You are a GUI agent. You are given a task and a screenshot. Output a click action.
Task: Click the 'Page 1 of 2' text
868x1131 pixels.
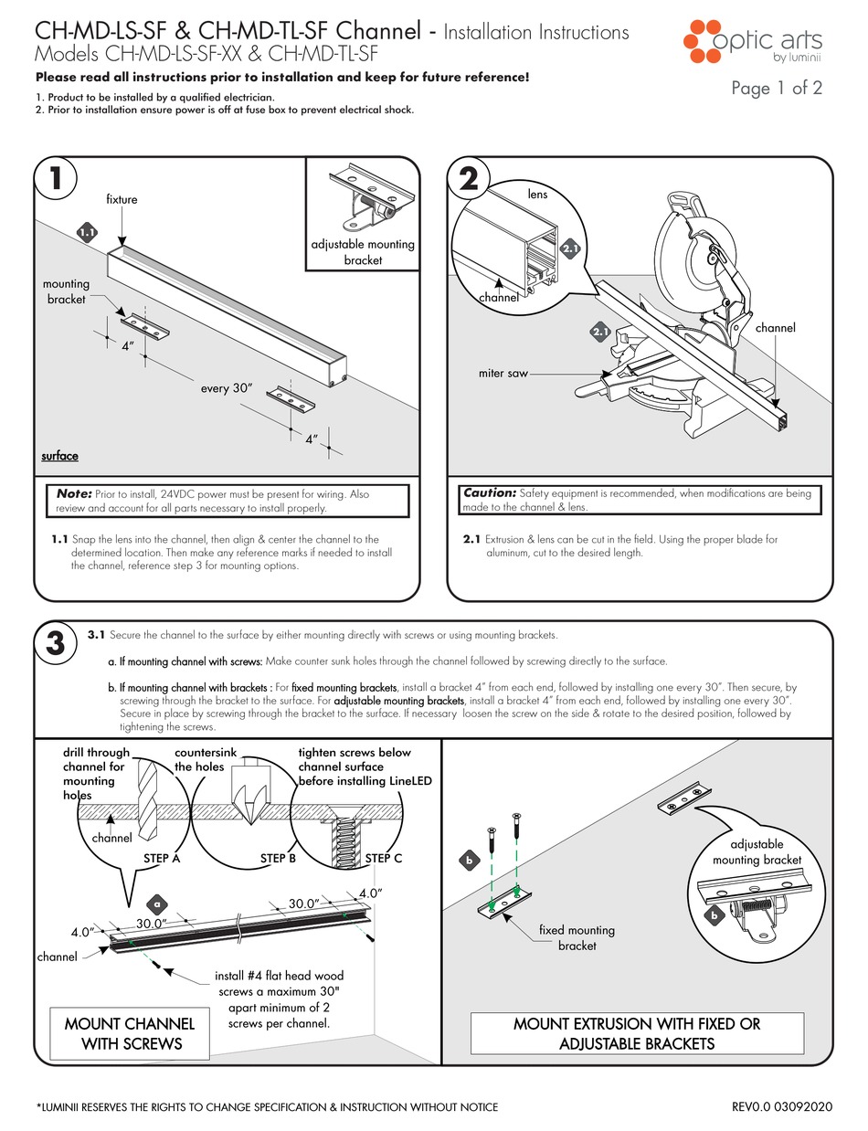[x=777, y=88]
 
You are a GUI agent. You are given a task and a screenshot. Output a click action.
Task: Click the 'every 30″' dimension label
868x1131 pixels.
[x=227, y=388]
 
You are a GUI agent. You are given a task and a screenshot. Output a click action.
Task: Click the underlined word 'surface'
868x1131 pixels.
[x=60, y=456]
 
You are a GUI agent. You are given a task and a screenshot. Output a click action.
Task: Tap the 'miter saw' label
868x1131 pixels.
[x=502, y=373]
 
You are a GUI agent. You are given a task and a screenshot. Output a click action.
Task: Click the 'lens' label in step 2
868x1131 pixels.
[x=537, y=195]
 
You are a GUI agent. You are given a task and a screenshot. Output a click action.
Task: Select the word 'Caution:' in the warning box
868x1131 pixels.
[x=491, y=493]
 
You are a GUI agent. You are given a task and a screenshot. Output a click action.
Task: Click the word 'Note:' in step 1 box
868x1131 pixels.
[x=74, y=493]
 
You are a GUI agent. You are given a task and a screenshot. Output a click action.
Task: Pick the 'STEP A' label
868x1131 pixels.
[x=162, y=858]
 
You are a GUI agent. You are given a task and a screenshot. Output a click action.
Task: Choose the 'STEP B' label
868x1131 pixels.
[x=278, y=858]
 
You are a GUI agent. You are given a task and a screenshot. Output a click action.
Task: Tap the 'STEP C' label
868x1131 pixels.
[x=384, y=858]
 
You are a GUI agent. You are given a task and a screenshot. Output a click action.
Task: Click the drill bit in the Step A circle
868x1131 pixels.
[x=150, y=795]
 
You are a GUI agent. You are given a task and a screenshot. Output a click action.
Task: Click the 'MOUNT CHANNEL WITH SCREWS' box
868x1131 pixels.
[x=130, y=1033]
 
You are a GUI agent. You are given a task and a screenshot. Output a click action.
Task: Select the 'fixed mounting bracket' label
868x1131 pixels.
[x=577, y=937]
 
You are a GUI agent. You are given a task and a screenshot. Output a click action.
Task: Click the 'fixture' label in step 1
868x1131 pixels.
[x=122, y=199]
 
